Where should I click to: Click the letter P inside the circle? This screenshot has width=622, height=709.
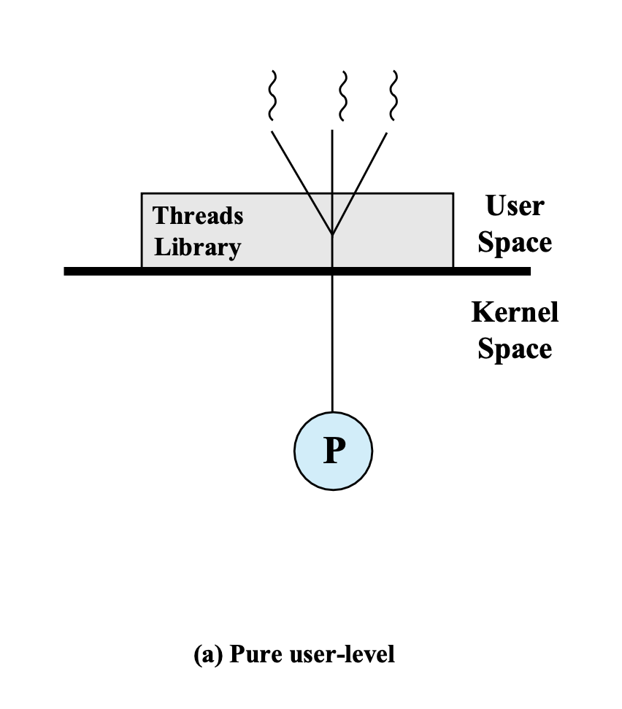click(333, 452)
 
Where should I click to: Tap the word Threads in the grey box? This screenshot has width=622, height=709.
click(198, 216)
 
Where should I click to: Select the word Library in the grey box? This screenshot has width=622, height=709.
click(197, 247)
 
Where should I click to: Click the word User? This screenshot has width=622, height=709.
click(514, 206)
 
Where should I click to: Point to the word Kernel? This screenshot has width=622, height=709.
click(515, 312)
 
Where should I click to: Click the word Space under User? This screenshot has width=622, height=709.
click(515, 242)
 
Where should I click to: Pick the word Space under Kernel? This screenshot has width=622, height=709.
click(515, 348)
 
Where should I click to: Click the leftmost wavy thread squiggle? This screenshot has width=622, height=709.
click(272, 96)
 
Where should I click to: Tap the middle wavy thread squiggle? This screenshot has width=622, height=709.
click(341, 96)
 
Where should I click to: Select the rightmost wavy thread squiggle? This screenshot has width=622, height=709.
click(394, 96)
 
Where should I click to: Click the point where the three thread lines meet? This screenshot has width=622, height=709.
click(333, 235)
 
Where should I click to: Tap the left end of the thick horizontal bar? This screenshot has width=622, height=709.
click(68, 271)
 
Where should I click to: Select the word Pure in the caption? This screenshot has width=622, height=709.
click(251, 654)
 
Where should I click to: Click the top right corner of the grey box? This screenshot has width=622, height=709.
click(453, 193)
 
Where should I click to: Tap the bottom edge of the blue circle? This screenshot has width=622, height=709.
click(333, 489)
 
